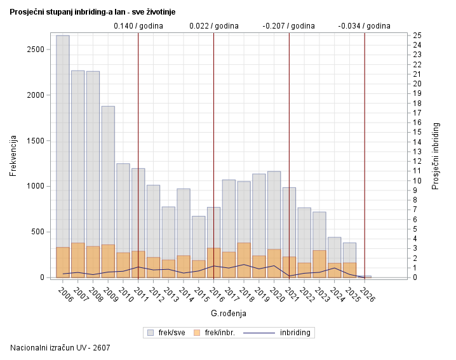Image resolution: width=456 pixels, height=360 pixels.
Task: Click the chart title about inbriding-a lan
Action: (93, 12)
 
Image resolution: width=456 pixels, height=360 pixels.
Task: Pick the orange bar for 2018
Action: (244, 260)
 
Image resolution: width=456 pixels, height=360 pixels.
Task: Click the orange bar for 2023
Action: (319, 263)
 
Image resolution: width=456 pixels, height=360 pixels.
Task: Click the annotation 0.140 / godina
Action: (138, 26)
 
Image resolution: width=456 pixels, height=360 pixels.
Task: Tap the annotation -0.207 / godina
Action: (289, 26)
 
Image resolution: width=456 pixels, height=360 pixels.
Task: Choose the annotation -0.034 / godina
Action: (365, 26)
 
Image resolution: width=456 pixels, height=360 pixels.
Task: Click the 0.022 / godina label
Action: (214, 26)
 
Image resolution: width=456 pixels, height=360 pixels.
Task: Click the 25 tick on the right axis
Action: (415, 35)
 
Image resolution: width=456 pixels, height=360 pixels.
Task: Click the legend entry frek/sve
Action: (166, 332)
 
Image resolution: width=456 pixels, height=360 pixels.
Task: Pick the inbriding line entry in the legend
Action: (279, 332)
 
